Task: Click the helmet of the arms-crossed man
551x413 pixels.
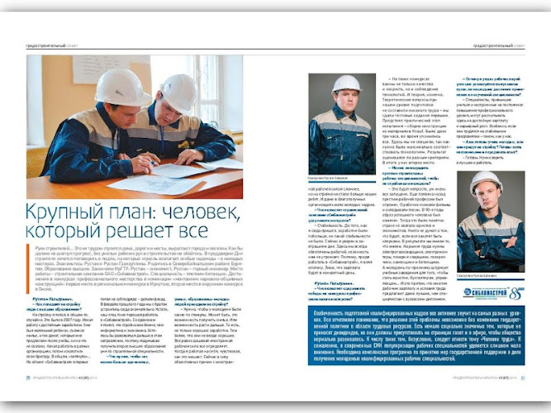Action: tap(486, 181)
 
